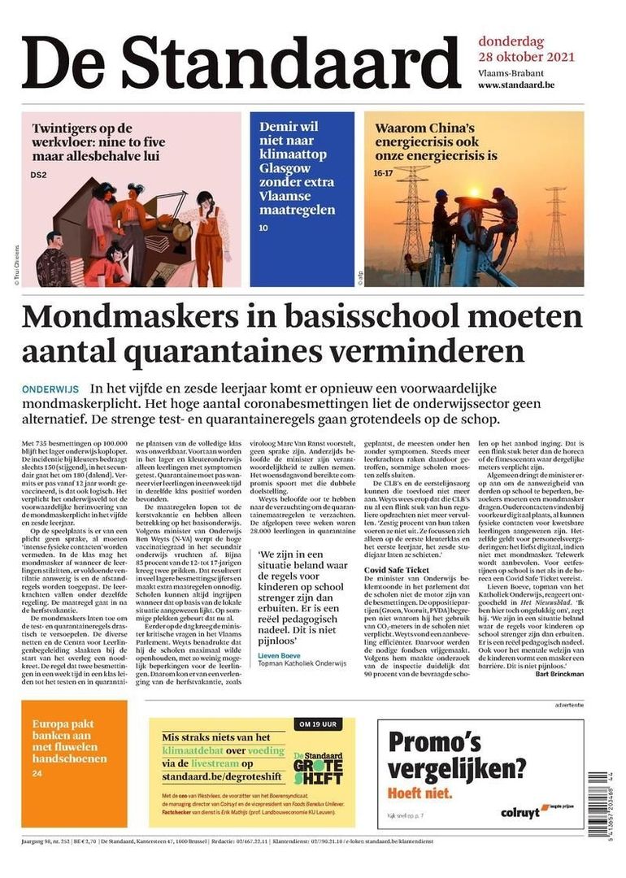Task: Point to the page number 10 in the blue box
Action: [x=263, y=228]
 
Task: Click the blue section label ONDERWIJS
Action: [x=50, y=389]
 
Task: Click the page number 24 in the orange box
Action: [x=37, y=773]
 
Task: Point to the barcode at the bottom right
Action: [x=598, y=801]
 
